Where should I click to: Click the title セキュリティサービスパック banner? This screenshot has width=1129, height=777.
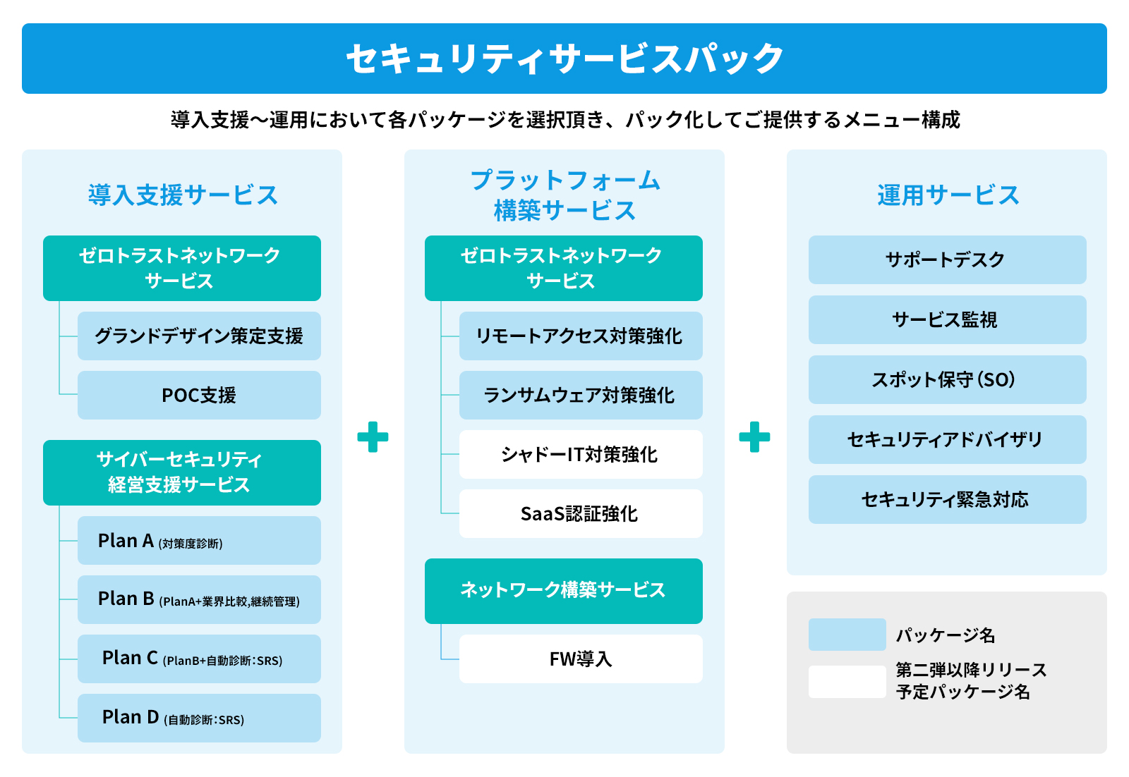point(564,59)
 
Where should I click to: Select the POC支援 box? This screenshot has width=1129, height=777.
point(199,395)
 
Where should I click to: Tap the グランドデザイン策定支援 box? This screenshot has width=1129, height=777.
point(199,336)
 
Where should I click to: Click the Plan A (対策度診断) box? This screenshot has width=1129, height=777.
point(199,541)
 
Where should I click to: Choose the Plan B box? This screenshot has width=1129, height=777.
point(199,599)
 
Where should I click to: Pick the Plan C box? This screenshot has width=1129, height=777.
point(199,659)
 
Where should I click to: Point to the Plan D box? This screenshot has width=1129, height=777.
point(199,718)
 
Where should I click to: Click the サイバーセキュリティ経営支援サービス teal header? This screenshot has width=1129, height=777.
point(181,472)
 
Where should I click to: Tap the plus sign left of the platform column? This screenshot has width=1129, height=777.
point(373,437)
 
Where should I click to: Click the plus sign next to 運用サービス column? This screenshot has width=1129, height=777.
point(754,437)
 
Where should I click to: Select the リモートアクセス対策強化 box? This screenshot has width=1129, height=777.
point(580,336)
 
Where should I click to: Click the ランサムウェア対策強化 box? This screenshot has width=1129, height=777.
point(580,395)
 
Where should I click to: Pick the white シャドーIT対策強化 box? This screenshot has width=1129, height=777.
point(580,454)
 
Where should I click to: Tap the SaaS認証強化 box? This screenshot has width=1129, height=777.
point(580,513)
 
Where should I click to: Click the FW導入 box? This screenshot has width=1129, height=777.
point(580,659)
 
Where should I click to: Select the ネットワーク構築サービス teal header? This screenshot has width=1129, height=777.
point(563,591)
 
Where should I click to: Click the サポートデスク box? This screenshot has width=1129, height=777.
point(947,259)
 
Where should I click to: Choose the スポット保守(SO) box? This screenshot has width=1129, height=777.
point(947,379)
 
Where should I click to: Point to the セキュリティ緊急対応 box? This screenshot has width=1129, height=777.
point(947,499)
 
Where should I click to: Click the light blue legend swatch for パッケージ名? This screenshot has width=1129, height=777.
point(847,635)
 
